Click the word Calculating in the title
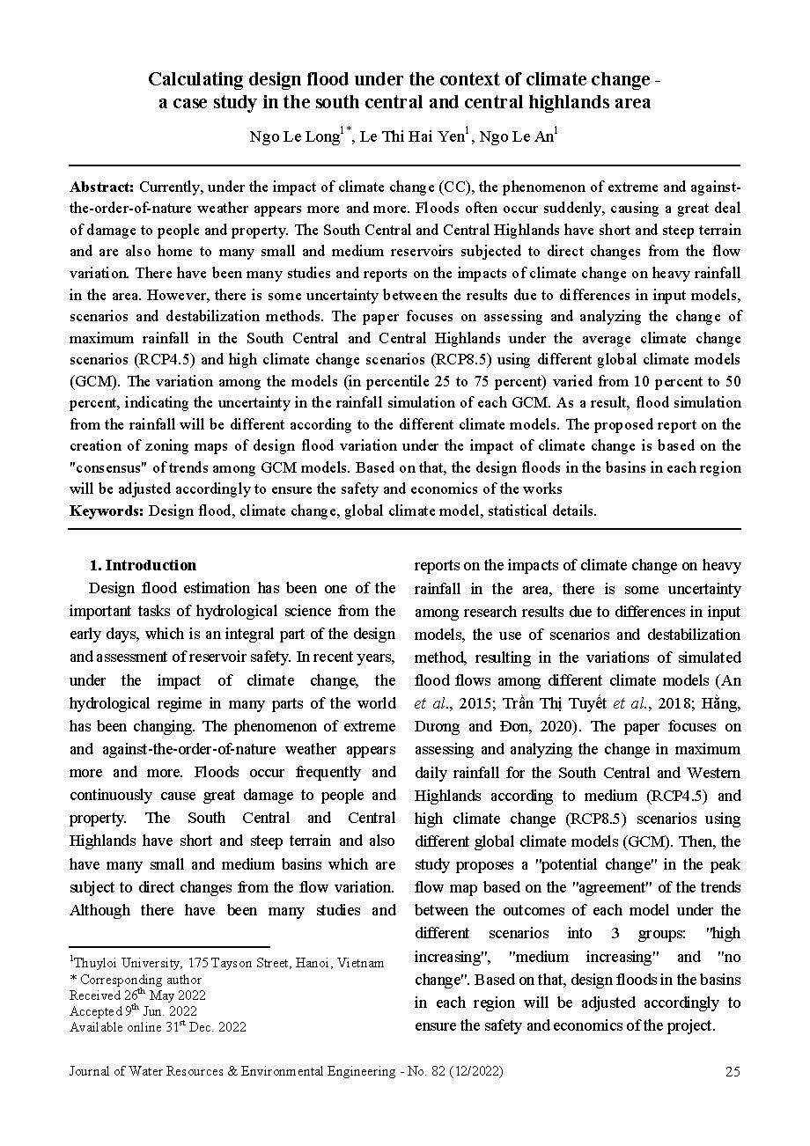point(192,79)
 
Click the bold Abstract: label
point(102,187)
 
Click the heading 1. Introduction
point(144,565)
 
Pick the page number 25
point(733,1071)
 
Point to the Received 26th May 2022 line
point(137,995)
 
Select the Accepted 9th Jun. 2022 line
point(133,1011)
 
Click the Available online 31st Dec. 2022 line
point(158,1027)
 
